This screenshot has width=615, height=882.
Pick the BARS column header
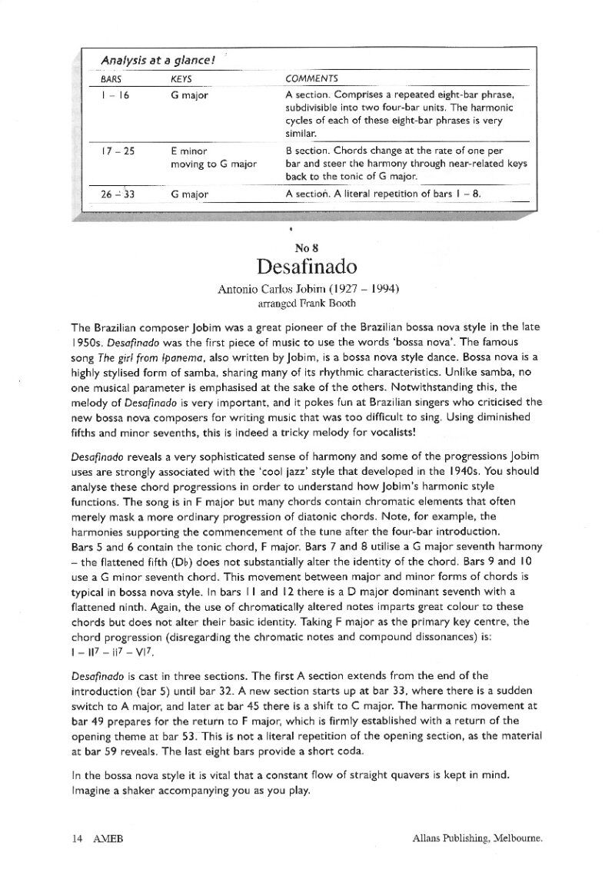pyautogui.click(x=112, y=78)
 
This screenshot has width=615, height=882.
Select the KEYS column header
pyautogui.click(x=181, y=78)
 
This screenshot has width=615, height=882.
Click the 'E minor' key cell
pyautogui.click(x=189, y=151)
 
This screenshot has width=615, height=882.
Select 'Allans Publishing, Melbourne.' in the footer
pyautogui.click(x=477, y=840)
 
